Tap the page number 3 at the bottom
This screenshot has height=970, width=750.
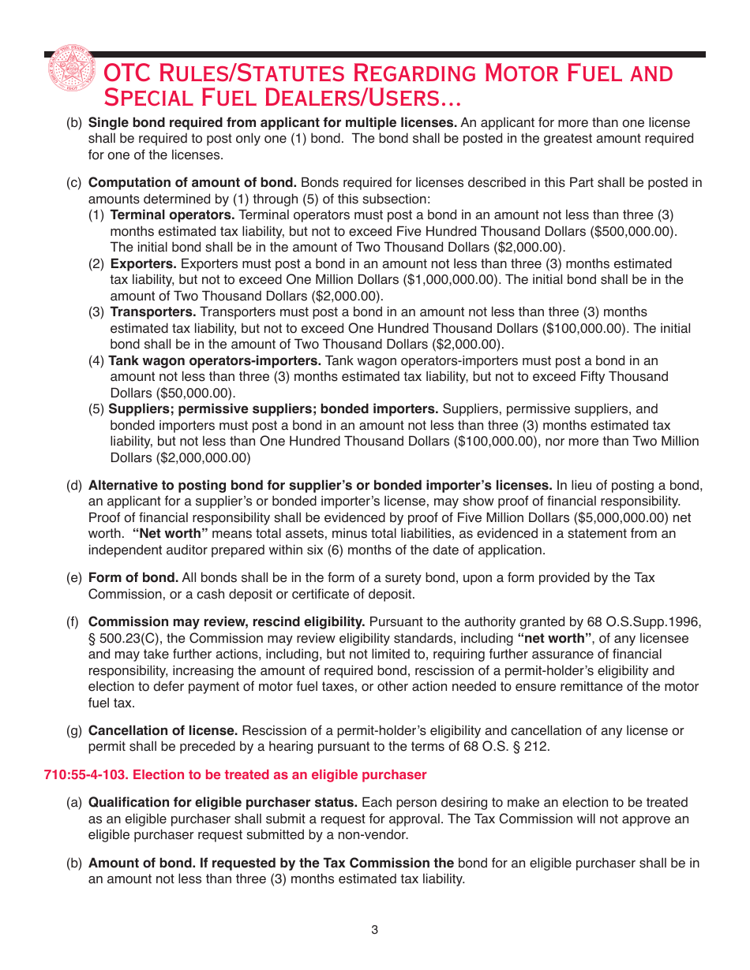[x=375, y=930]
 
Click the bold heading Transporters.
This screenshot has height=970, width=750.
[x=153, y=312]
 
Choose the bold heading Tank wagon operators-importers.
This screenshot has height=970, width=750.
[x=215, y=360]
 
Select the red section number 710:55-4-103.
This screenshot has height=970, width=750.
[x=85, y=774]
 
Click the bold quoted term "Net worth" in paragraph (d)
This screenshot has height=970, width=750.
[x=170, y=534]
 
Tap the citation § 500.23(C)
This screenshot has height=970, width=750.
[x=130, y=638]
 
